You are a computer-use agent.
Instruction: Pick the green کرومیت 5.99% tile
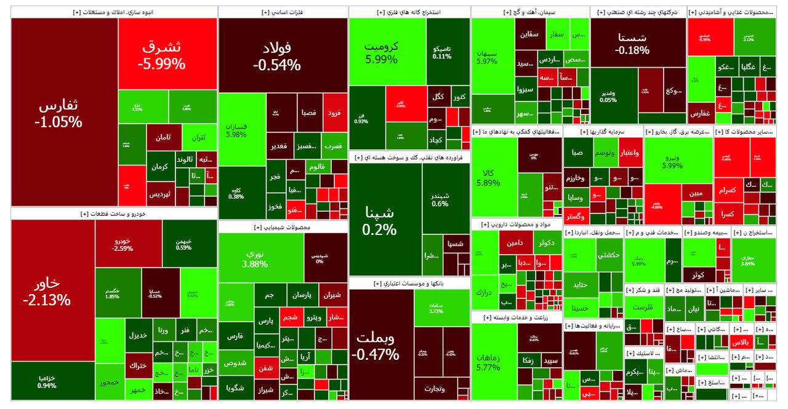coord(381,53)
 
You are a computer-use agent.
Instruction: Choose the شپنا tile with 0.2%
coord(380,221)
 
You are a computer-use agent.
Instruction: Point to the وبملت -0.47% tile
coord(375,346)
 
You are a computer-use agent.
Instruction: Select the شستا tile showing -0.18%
coord(638,43)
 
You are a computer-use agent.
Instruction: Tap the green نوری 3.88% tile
coord(255,258)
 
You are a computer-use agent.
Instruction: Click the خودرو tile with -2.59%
coord(123,244)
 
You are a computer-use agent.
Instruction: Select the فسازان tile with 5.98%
coord(236,129)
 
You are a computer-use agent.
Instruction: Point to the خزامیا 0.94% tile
coord(47,381)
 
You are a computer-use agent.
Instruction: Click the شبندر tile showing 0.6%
coord(440,199)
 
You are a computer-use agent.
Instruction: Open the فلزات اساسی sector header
coord(283,12)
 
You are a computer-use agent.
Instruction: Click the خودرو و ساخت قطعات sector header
coord(114,213)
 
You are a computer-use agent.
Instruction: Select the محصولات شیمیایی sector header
coord(283,227)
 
